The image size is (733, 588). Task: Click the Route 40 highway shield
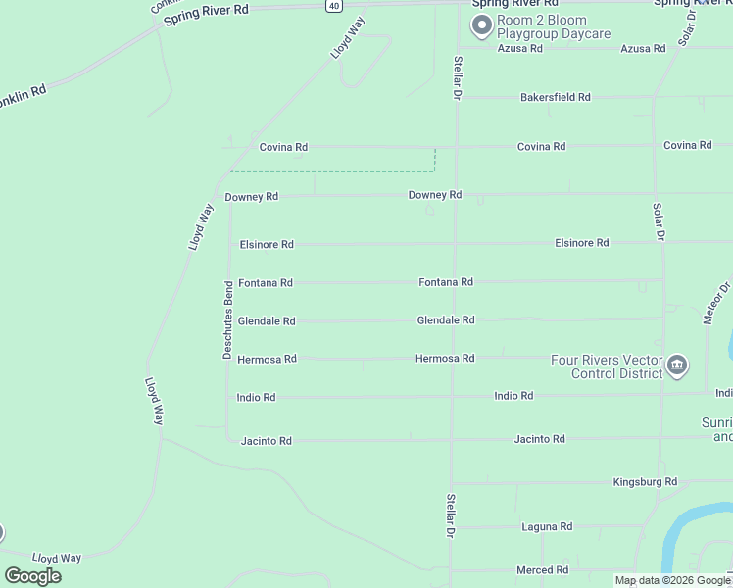click(334, 5)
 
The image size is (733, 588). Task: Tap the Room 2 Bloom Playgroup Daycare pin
click(481, 26)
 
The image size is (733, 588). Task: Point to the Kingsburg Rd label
click(645, 481)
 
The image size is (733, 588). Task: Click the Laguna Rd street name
click(547, 526)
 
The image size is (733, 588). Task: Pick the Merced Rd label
click(543, 569)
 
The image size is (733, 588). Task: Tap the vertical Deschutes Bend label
click(227, 319)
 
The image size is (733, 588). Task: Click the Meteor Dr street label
click(717, 304)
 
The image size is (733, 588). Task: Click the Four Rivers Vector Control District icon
click(676, 367)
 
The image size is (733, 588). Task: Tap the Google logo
click(32, 575)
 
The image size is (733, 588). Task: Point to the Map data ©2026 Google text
click(673, 580)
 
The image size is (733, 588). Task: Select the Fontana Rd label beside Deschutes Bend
click(266, 282)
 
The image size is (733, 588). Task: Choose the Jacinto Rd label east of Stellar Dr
click(539, 439)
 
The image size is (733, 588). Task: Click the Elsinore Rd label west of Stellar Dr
click(267, 244)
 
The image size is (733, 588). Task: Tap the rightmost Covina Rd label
click(687, 145)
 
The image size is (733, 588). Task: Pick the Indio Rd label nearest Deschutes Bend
click(256, 397)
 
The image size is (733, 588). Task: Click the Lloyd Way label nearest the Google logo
click(57, 557)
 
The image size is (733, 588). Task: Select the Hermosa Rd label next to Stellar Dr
click(445, 358)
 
